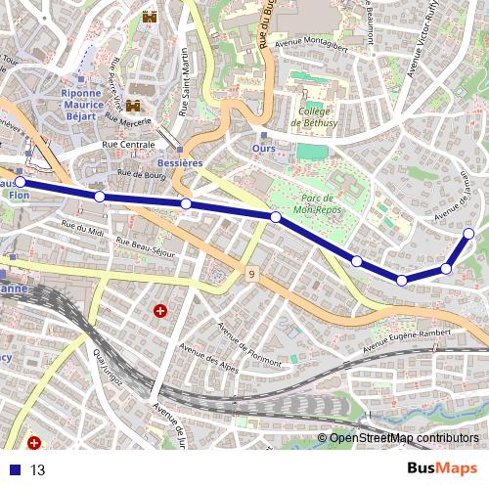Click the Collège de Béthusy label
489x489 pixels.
click(313, 118)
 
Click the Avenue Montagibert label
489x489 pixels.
click(312, 44)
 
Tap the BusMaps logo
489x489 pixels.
click(443, 468)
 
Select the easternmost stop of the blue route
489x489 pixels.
click(469, 233)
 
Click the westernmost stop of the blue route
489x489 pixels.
click(20, 182)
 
